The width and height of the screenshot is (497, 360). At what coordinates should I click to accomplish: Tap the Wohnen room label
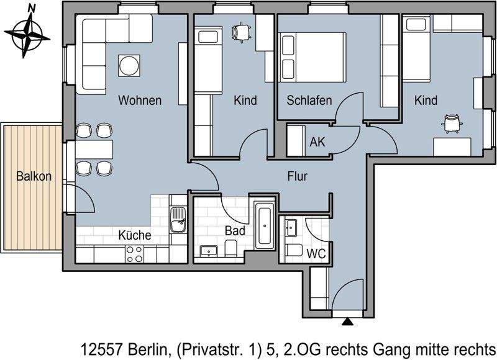coord(140,100)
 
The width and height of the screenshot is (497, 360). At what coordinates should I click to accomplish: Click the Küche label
coord(135,235)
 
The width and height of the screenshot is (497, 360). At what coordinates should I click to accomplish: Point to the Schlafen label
coord(309,100)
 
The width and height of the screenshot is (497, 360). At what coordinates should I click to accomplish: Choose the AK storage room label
coord(317,141)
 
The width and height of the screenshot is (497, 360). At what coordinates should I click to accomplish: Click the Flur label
coord(297,176)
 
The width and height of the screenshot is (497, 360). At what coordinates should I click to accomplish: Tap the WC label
coord(317,253)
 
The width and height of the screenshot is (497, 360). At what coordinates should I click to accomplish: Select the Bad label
coord(235,230)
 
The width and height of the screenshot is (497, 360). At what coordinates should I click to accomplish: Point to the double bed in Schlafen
coord(313,57)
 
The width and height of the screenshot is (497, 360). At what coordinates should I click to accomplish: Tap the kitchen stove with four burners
coord(135,253)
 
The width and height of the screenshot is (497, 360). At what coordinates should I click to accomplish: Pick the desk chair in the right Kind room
coord(452,122)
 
